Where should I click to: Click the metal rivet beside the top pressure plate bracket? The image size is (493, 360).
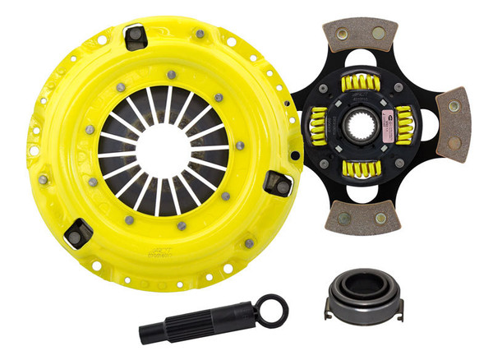(199, 35)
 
